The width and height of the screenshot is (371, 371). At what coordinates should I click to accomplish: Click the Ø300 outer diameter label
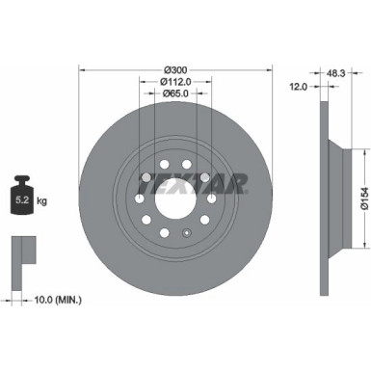pos(175,69)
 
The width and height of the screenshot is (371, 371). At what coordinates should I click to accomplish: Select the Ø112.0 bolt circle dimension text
pos(175,83)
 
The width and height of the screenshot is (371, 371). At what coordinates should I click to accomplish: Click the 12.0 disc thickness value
pos(300,86)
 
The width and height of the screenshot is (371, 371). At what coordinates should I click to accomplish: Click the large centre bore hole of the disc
pos(175,199)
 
